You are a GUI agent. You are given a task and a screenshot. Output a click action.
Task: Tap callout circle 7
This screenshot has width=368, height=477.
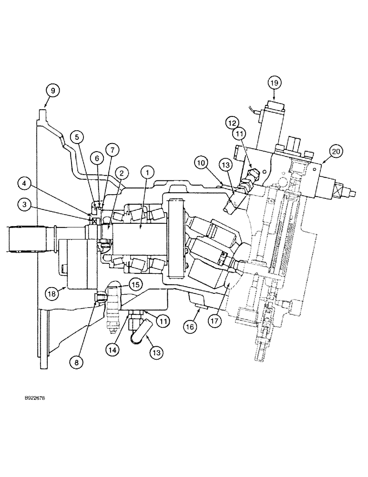(x=112, y=151)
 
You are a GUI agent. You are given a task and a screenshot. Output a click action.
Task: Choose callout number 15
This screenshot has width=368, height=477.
(x=135, y=285)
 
